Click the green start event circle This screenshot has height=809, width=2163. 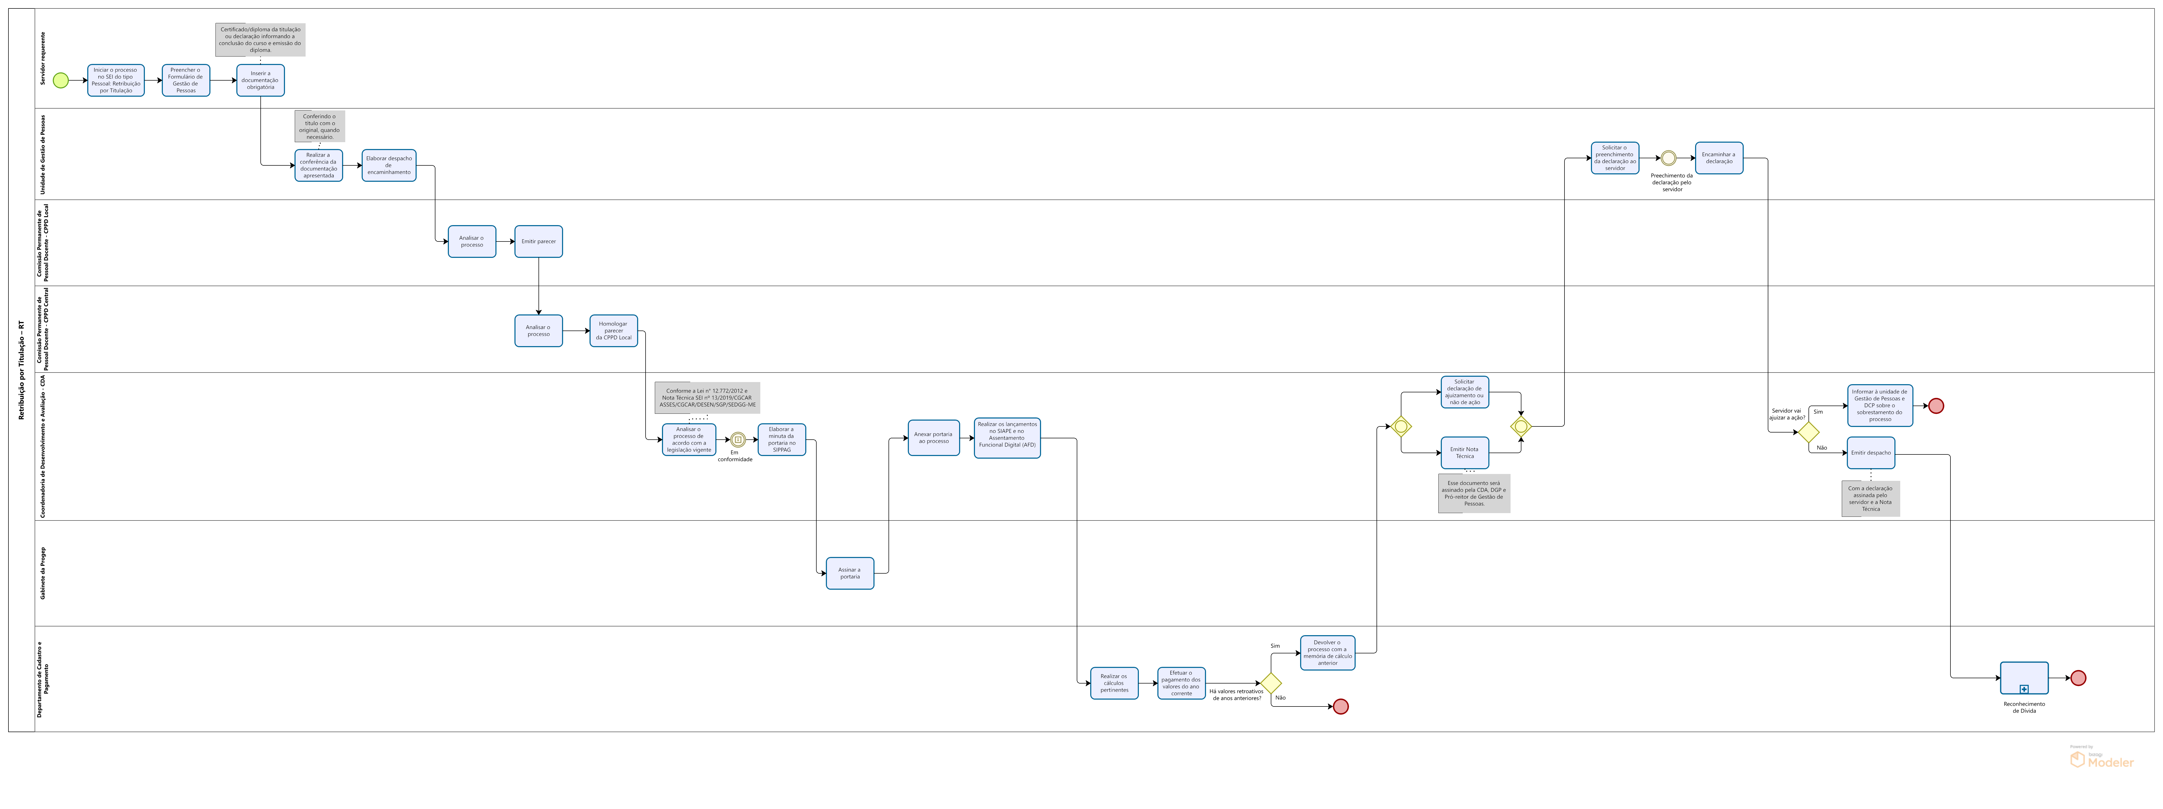pos(61,81)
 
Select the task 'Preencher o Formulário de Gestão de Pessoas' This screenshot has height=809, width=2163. pos(186,81)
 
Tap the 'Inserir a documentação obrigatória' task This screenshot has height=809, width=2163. pos(260,81)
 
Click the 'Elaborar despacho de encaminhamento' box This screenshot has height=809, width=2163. pos(389,165)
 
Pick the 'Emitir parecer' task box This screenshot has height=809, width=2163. pos(538,242)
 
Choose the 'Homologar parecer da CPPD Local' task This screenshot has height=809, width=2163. pos(614,331)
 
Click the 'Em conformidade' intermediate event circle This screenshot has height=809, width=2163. pos(737,440)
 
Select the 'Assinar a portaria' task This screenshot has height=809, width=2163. pos(850,573)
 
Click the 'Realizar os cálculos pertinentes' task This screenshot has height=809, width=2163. pos(1114,683)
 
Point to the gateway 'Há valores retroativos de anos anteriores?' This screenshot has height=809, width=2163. pos(1271,683)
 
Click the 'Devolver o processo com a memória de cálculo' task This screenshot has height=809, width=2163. pos(1328,653)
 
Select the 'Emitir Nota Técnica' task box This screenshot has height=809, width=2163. pos(1464,453)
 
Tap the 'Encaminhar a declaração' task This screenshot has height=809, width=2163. pos(1719,158)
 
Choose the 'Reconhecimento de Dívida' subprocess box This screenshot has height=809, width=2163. pos(2024,678)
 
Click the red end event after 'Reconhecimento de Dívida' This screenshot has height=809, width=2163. pos(2078,678)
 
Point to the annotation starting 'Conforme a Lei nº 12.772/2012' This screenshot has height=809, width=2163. pos(707,398)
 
